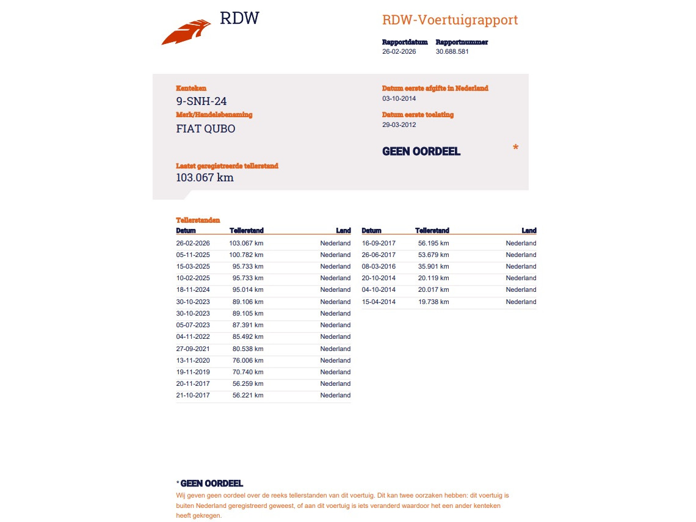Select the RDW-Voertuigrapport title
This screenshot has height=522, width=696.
(x=449, y=20)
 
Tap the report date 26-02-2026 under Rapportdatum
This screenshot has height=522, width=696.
(x=399, y=52)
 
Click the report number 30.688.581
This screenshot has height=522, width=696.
(x=452, y=52)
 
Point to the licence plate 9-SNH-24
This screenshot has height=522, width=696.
(x=201, y=101)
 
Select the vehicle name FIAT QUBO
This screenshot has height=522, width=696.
(x=205, y=129)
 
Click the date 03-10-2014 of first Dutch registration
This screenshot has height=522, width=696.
(x=399, y=98)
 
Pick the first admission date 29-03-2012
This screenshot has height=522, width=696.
(x=399, y=125)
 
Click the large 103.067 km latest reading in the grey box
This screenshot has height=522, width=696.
(x=205, y=178)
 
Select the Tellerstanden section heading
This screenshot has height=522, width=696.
(x=198, y=220)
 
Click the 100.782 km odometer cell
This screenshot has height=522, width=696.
(x=246, y=255)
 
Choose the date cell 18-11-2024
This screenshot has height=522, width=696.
(x=193, y=290)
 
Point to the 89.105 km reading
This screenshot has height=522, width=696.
(x=248, y=313)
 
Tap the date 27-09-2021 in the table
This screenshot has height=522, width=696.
(x=193, y=349)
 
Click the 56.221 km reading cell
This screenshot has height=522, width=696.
(x=248, y=396)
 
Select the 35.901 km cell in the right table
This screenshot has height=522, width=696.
(x=433, y=267)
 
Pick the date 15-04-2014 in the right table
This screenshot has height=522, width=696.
(x=379, y=302)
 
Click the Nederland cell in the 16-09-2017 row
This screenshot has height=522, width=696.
(x=521, y=244)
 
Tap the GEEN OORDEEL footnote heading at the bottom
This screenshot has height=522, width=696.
(x=211, y=484)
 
